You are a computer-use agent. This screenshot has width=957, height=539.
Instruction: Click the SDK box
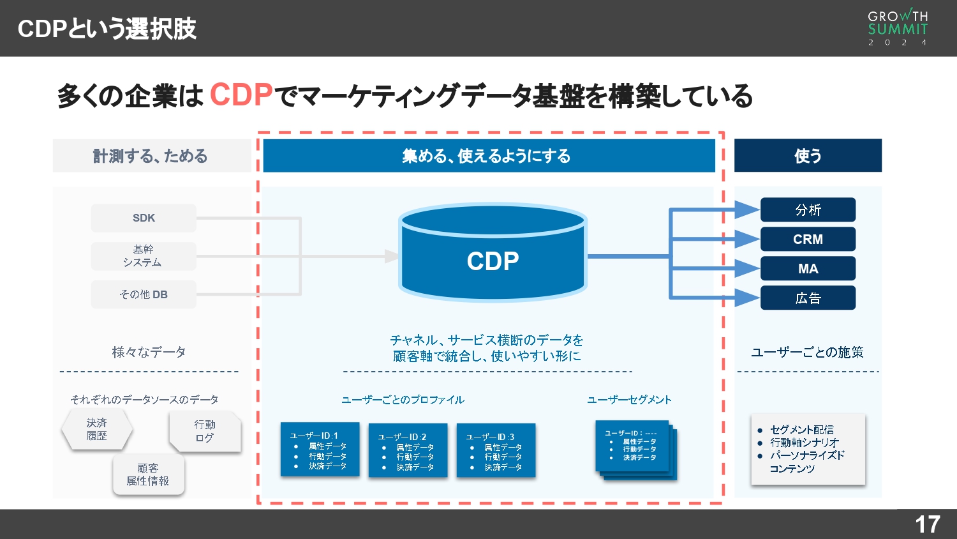tap(144, 218)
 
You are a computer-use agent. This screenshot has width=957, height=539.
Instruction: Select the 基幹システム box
tap(144, 256)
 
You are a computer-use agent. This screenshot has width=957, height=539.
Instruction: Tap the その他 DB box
tap(144, 294)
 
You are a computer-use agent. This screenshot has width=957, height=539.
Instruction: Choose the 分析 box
tap(808, 209)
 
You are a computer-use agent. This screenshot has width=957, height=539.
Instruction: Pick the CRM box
tap(808, 239)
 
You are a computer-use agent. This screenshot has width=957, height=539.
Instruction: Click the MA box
tap(808, 268)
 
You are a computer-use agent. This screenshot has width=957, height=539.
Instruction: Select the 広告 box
tap(808, 298)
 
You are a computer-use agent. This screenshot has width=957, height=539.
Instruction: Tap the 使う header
tap(808, 156)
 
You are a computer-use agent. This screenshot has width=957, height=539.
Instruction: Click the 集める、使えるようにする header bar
tap(489, 156)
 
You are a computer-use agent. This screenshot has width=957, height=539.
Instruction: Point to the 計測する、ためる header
tap(151, 156)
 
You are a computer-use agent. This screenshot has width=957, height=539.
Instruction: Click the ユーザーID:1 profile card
tap(320, 450)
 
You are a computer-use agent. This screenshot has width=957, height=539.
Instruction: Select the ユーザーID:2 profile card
tap(408, 451)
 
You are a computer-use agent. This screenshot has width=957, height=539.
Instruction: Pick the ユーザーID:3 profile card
tap(496, 451)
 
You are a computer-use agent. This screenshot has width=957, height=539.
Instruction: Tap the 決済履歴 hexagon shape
tap(97, 429)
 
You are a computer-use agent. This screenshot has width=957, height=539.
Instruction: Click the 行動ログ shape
tap(205, 431)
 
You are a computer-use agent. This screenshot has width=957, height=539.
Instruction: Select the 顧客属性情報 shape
tap(148, 474)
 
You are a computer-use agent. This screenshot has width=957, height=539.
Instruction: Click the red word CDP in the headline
tap(241, 95)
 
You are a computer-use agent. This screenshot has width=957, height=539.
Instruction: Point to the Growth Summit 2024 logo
tap(898, 28)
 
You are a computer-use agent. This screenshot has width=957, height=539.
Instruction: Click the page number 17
tap(927, 524)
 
